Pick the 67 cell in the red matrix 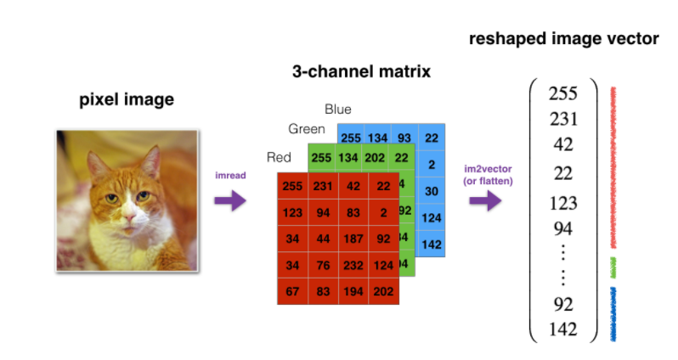coord(294,290)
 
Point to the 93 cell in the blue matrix coord(403,138)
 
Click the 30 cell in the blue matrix coord(432,192)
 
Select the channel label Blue coord(338,110)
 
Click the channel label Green coord(307,129)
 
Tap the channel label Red coord(280,157)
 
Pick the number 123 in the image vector coord(563,204)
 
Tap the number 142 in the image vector coord(563,329)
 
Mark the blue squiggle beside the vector coord(614,314)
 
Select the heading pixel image coord(127,99)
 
